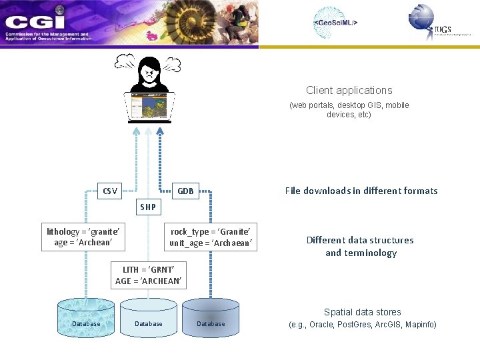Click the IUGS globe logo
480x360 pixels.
422,18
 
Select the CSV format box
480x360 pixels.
110,191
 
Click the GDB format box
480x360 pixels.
185,191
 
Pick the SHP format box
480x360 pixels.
148,207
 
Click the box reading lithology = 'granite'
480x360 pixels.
83,237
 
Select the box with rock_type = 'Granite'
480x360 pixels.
211,237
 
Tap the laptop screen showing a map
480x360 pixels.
149,106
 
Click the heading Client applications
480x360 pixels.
349,90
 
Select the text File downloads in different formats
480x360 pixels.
361,191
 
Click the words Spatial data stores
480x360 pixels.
363,312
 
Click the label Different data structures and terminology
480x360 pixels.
360,246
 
